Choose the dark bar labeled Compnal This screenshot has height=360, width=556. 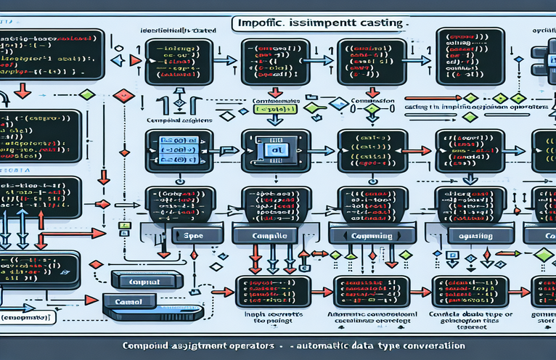(x=146, y=281)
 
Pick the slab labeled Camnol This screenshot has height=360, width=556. (x=128, y=300)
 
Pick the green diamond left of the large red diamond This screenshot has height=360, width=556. (x=87, y=95)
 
